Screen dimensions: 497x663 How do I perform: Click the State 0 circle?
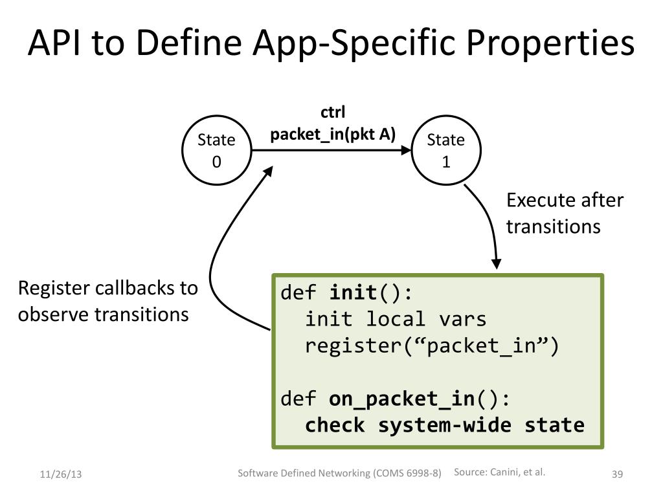216,150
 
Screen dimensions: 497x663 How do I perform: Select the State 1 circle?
445,150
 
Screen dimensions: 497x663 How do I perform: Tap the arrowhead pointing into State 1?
406,150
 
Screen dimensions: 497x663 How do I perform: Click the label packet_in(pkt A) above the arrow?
333,135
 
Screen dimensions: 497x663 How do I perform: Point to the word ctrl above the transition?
333,113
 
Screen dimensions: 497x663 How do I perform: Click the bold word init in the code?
353,293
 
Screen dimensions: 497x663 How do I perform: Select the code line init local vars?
396,319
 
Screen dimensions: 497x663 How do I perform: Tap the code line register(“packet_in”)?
432,346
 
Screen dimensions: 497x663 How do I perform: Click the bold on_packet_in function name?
401,399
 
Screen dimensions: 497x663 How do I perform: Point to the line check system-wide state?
445,425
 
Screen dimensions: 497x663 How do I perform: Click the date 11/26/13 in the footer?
60,475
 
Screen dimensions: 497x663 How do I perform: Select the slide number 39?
617,475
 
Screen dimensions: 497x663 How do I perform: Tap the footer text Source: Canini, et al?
500,472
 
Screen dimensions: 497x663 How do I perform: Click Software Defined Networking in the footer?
304,473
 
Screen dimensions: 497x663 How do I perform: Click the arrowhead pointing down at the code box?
496,263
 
